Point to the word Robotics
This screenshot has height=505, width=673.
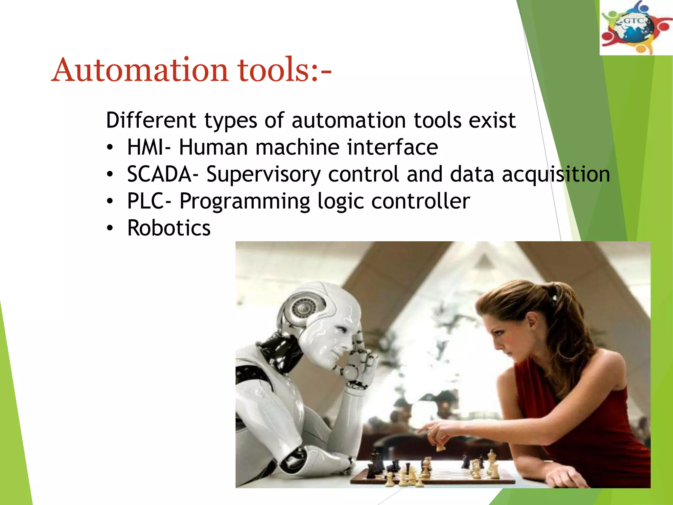click(169, 228)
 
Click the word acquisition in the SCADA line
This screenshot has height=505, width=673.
click(556, 175)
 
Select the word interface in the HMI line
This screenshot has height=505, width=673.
click(392, 147)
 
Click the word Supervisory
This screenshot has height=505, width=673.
click(263, 175)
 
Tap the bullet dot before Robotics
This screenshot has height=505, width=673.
click(110, 228)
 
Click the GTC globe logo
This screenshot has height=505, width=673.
click(636, 28)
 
